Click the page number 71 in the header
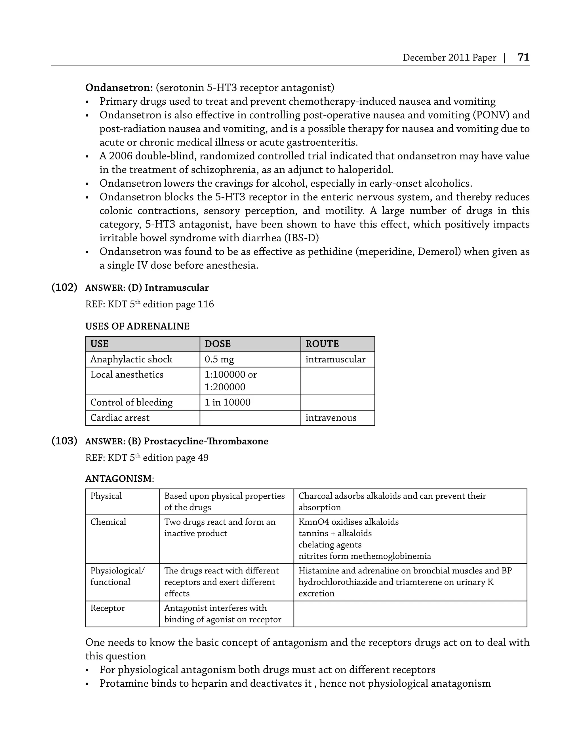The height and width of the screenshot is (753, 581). pos(523,57)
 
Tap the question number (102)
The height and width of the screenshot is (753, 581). pos(64,287)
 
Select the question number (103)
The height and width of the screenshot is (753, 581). pos(64,441)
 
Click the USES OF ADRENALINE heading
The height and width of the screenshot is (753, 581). pos(137,326)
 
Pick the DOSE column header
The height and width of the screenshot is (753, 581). pos(218,344)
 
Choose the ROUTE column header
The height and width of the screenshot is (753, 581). pos(322,344)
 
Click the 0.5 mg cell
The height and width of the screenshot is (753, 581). pos(219,359)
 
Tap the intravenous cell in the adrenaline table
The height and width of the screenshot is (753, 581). pos(331,418)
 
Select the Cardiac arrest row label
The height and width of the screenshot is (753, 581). pos(120,418)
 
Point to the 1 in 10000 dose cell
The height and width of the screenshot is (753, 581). pos(228,402)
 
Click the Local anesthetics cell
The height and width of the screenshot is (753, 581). pos(127,375)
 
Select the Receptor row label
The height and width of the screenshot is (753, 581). pos(108,608)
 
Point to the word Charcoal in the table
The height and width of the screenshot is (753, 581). pos(314,496)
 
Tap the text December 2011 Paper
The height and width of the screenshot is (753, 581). pos(449,58)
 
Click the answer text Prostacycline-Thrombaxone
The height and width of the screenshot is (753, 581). pos(206,441)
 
